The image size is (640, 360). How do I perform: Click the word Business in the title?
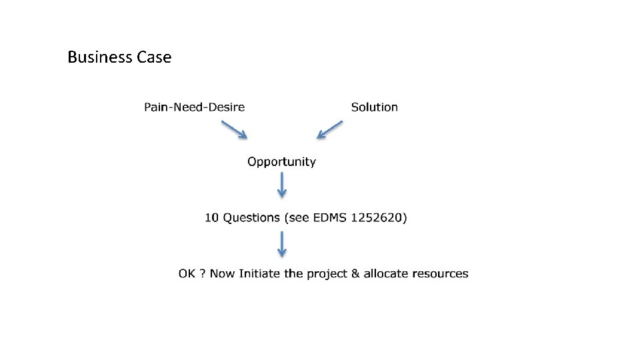pos(100,57)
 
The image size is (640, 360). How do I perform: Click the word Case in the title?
pos(154,57)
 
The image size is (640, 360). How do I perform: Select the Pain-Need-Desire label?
pos(195,107)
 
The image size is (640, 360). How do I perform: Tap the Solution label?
pos(374,107)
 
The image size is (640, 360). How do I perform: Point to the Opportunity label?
pos(281,161)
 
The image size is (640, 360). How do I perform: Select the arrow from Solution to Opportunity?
pos(330,129)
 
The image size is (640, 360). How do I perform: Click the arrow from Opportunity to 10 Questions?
pos(282,184)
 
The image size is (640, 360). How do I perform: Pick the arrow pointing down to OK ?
pos(282,243)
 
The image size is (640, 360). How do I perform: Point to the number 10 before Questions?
pos(211,217)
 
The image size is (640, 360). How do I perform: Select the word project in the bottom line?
pos(327,274)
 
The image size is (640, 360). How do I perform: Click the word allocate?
pos(386,273)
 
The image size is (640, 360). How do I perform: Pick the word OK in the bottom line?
pos(186,273)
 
